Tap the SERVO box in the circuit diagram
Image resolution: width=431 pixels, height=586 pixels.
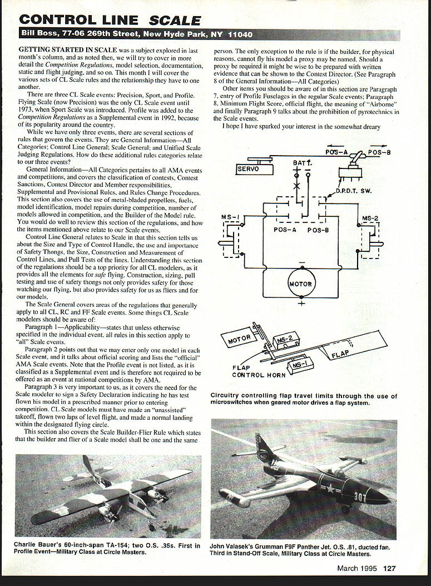pos(249,168)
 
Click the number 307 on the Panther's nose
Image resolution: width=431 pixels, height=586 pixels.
pos(360,497)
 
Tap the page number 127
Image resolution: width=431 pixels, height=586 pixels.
pos(389,568)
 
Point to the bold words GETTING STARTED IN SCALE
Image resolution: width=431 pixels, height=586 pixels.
pos(67,50)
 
